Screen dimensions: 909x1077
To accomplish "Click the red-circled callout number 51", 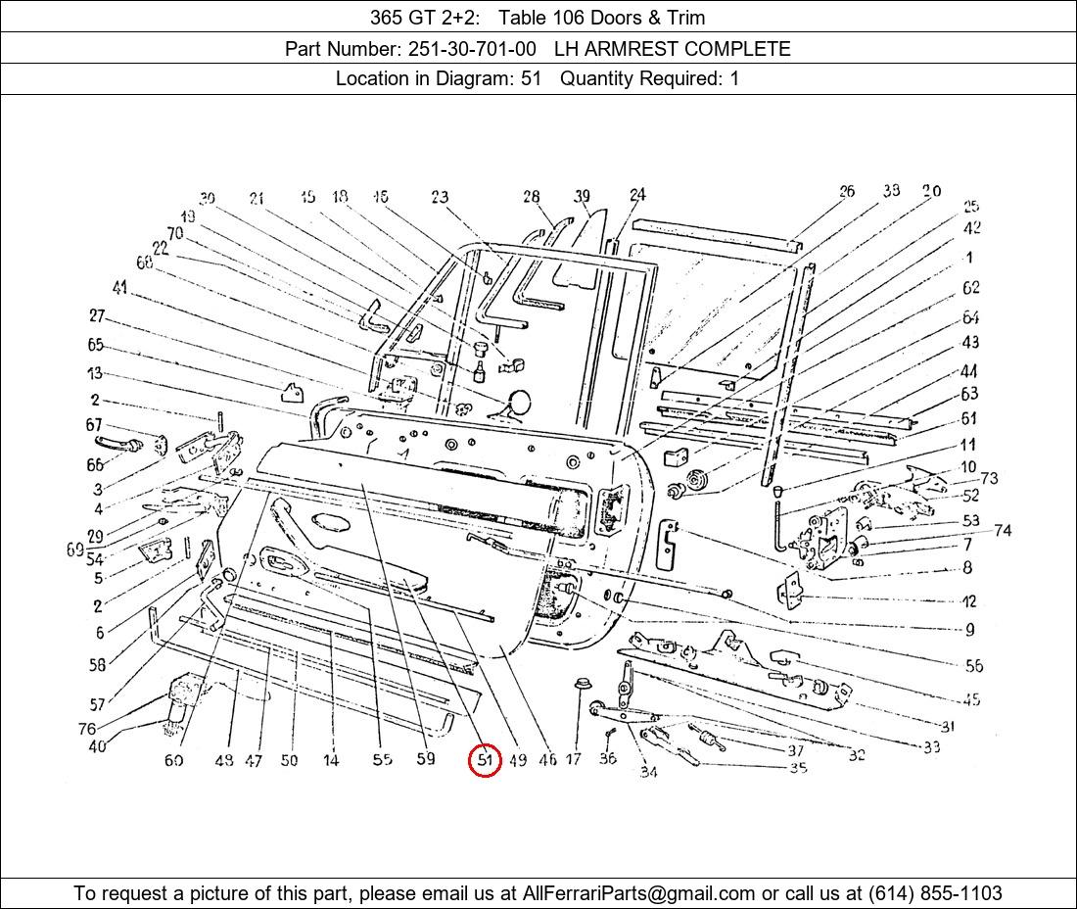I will (x=485, y=759).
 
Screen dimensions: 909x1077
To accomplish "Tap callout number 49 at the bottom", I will (x=517, y=759).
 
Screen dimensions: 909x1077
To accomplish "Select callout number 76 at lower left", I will (x=87, y=729).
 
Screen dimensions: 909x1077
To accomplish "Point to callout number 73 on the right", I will (x=989, y=478).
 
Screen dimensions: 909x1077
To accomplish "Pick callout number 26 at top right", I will (x=847, y=191).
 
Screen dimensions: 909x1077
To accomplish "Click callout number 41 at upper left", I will (x=120, y=288).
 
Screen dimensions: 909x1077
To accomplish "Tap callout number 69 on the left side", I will (x=75, y=550).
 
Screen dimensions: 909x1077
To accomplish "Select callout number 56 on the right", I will (x=973, y=665).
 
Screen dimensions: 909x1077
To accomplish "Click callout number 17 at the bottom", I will (x=574, y=759).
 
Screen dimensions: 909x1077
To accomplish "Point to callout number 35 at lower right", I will (x=798, y=768).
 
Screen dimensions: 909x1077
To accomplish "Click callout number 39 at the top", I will (x=583, y=196).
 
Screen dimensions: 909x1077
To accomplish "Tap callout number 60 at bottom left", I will (x=173, y=760).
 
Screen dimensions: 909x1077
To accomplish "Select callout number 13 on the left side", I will (x=94, y=373).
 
